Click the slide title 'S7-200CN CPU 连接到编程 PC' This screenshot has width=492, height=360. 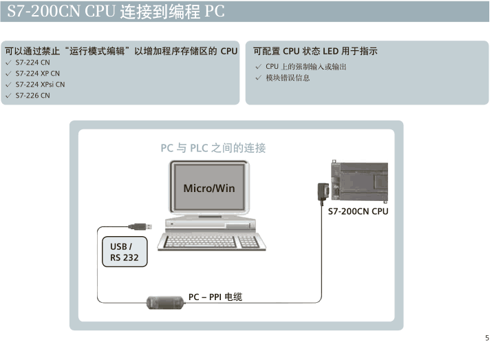tap(116, 12)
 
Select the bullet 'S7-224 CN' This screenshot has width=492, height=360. tap(32, 63)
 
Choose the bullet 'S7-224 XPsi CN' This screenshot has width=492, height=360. tap(40, 85)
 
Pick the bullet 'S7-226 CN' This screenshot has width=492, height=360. tap(32, 96)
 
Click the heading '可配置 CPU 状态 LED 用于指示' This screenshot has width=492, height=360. tap(315, 51)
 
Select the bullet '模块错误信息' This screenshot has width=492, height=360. tap(288, 78)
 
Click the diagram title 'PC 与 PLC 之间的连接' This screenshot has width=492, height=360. tap(213, 148)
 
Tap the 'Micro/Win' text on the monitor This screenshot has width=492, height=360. tap(209, 188)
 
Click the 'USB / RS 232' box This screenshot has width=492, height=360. tap(125, 252)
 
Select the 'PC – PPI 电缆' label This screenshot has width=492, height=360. tap(215, 297)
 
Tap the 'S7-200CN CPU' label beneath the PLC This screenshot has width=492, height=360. tap(358, 211)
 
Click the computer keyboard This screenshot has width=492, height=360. tap(209, 241)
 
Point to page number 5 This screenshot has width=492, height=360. tap(486, 338)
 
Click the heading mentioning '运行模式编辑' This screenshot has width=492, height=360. tap(120, 51)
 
